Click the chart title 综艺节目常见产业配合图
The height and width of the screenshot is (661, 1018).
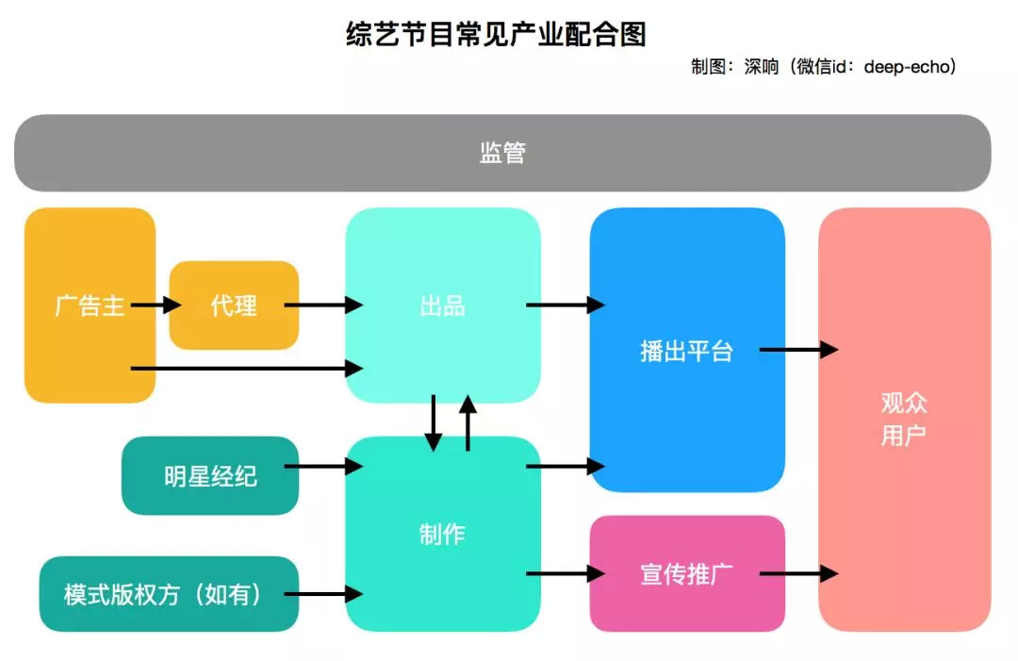(x=497, y=35)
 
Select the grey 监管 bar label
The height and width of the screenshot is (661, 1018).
(x=502, y=154)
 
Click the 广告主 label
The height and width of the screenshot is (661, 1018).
(x=90, y=306)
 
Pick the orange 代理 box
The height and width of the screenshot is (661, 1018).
(x=234, y=306)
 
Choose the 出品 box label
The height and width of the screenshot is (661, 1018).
(x=442, y=306)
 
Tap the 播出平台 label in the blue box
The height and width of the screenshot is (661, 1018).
(x=686, y=352)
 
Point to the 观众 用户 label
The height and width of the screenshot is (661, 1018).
(x=904, y=420)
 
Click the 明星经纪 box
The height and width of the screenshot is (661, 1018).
(x=210, y=476)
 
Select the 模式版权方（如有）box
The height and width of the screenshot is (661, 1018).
(x=169, y=595)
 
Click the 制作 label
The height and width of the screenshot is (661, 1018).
(x=442, y=535)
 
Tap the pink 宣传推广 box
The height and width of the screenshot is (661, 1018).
(x=687, y=573)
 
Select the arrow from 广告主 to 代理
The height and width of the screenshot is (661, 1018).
(x=156, y=305)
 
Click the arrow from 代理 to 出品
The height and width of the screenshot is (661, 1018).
(x=323, y=305)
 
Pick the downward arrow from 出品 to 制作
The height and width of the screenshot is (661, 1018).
(x=434, y=422)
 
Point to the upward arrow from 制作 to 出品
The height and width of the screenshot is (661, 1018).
(x=468, y=422)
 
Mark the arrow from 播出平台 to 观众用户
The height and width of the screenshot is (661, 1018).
(x=798, y=350)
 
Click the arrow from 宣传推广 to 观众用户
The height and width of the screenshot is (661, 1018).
(x=798, y=573)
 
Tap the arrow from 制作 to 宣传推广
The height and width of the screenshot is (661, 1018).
(x=565, y=573)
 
